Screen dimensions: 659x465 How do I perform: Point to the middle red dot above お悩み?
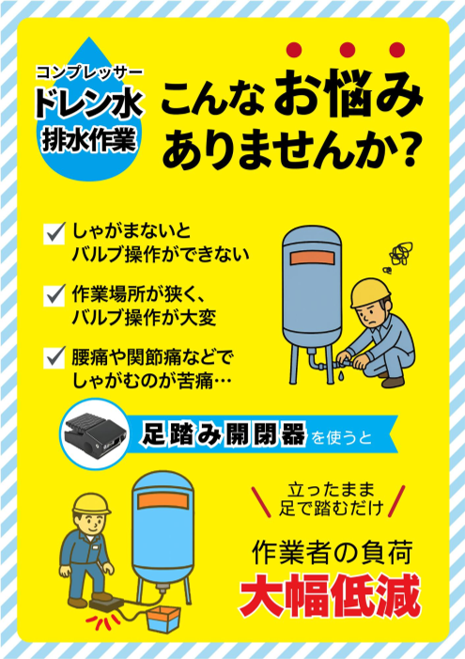[x=347, y=50]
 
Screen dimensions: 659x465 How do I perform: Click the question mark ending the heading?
[x=406, y=150]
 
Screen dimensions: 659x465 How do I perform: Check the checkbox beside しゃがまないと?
[x=54, y=229]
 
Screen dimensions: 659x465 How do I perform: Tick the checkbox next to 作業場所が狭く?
[x=54, y=293]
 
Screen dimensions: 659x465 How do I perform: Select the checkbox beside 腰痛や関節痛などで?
[x=54, y=356]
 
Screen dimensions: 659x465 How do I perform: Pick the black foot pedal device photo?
[x=96, y=433]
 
